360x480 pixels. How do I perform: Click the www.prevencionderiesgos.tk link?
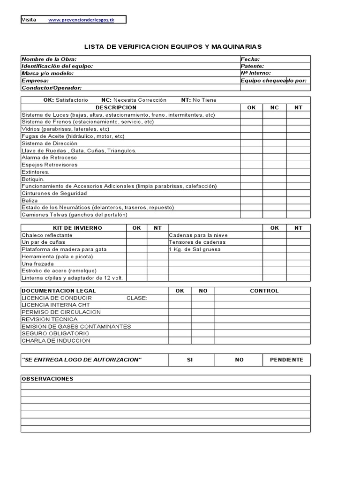pos(81,20)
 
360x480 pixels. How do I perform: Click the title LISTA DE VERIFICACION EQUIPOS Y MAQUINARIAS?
pos(172,47)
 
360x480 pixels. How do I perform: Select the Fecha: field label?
pos(250,59)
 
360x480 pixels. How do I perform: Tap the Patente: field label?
pos(252,66)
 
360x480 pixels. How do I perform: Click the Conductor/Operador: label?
pos(52,88)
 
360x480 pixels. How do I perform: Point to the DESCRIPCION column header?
pos(116,107)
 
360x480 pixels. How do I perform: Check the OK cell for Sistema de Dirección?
pos(251,143)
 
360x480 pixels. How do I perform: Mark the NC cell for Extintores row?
pos(275,172)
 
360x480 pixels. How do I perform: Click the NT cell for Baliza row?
pos(298,200)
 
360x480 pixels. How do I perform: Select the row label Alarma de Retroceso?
pos(49,157)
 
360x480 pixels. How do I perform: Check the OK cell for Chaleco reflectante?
pos(136,235)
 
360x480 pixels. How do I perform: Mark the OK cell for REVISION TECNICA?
pos(180,319)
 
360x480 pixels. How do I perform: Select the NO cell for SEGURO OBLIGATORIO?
pos(203,333)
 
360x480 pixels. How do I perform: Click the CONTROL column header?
pos(264,291)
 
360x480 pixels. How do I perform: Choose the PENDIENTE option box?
pos(286,360)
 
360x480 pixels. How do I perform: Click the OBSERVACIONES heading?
pos(47,379)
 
